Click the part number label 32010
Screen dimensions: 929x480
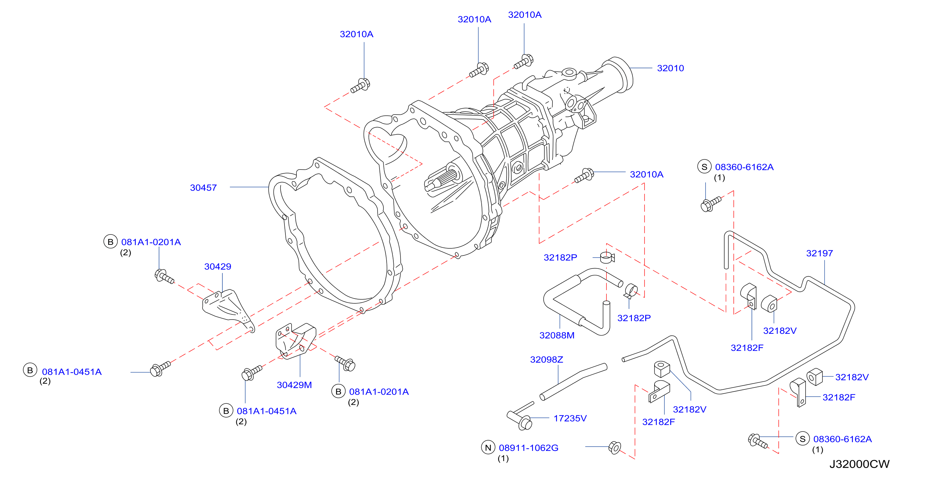670,68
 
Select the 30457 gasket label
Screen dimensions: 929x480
203,188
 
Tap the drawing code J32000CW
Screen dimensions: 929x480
860,464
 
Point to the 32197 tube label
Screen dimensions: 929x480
819,253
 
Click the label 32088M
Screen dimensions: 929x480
557,335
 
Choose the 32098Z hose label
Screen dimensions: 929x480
546,359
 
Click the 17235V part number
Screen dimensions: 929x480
570,418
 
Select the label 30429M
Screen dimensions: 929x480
294,385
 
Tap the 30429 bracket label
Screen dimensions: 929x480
218,267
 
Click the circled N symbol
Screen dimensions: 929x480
488,448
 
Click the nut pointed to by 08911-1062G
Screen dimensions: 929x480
614,448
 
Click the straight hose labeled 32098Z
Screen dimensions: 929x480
573,382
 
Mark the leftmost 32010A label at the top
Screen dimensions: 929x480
356,34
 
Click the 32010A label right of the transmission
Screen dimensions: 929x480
646,175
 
